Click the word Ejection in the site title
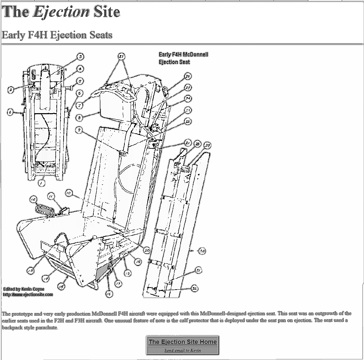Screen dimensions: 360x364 point(61,12)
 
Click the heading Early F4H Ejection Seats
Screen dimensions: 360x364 point(57,35)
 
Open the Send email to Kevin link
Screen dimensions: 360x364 point(183,350)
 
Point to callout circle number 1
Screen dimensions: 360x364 point(41,183)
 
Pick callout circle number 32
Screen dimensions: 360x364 point(195,289)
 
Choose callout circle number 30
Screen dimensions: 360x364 point(202,251)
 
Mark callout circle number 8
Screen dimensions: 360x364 point(80,117)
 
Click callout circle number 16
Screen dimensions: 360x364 point(109,293)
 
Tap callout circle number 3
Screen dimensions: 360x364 point(80,56)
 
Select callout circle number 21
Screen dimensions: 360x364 point(188,143)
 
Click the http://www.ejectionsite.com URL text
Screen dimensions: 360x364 point(28,295)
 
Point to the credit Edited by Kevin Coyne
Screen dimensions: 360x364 point(24,289)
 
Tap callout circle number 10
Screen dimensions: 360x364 point(69,193)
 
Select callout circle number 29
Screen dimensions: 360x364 point(207,146)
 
